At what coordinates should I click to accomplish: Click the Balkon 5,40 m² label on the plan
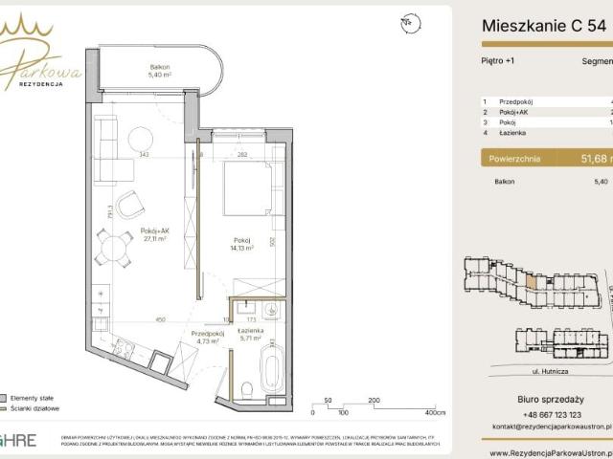[157, 70]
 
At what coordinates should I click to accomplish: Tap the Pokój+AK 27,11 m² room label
[154, 234]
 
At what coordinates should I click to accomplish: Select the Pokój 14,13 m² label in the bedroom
[240, 243]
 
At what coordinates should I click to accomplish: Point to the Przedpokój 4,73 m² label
[204, 336]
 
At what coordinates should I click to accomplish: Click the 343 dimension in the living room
[144, 154]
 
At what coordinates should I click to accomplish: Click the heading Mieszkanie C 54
[543, 27]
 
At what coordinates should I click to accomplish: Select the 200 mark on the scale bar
[374, 402]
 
